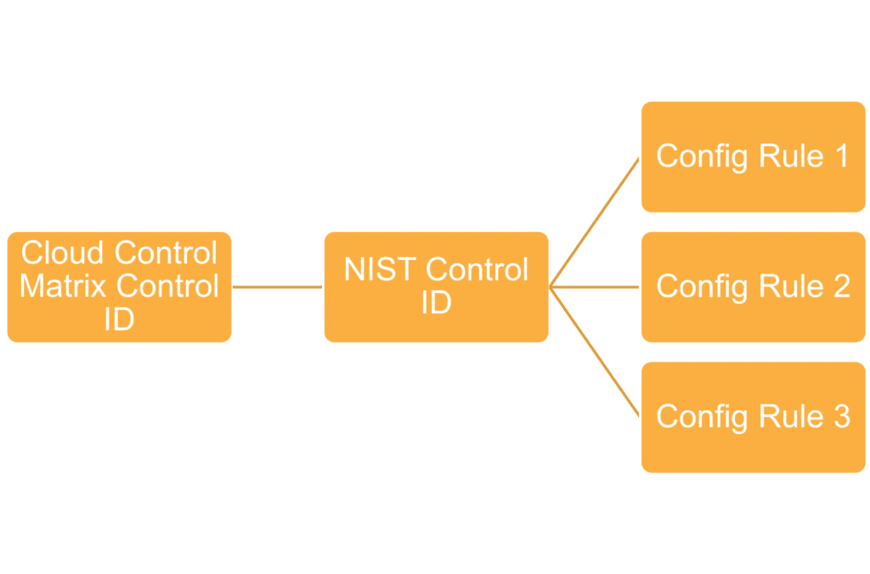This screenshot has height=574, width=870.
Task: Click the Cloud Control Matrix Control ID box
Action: click(x=119, y=287)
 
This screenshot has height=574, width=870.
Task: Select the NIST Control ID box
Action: click(x=436, y=287)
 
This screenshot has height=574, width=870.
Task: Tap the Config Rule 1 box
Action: click(x=754, y=156)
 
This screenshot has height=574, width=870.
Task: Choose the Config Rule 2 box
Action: click(x=754, y=287)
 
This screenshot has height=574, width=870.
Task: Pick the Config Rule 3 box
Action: click(x=754, y=417)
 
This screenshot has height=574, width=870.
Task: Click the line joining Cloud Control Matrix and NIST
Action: click(x=278, y=287)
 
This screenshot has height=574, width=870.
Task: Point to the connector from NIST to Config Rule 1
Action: click(x=594, y=222)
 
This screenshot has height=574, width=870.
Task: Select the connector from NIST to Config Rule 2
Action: click(x=595, y=287)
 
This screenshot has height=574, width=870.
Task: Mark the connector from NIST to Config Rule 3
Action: click(x=594, y=352)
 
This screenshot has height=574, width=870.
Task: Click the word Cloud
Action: click(x=63, y=253)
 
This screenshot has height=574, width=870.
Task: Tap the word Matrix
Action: click(x=63, y=286)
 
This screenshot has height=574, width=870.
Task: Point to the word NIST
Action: click(x=380, y=269)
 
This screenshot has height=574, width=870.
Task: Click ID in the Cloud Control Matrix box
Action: click(x=119, y=319)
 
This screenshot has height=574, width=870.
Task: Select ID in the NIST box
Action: click(x=436, y=303)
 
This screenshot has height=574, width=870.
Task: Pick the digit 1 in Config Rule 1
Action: click(x=842, y=156)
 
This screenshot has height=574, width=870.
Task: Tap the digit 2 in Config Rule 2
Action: click(x=842, y=286)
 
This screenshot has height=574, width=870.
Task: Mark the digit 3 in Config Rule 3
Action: click(x=842, y=417)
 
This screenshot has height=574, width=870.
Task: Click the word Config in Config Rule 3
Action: click(x=702, y=418)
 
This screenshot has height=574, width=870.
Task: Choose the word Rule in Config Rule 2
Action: click(x=791, y=286)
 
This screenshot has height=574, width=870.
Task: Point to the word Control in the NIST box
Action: click(x=477, y=269)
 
